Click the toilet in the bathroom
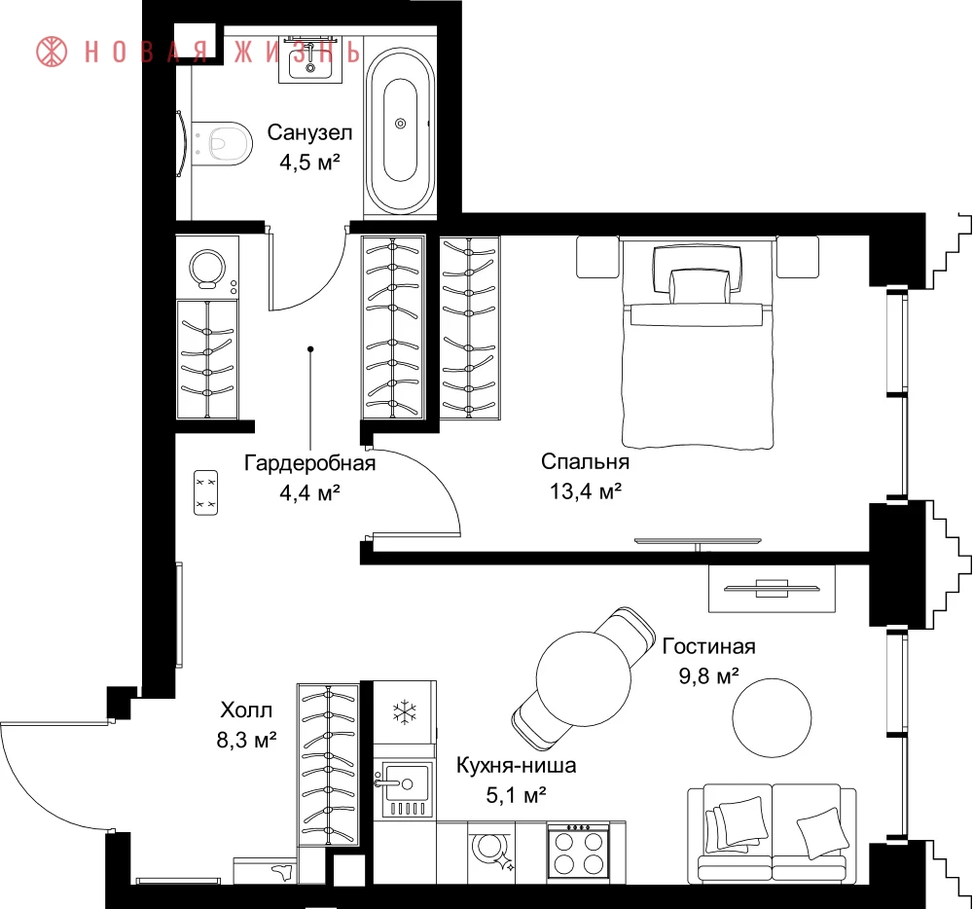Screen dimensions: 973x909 click(x=222, y=143)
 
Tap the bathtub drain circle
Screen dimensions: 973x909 click(x=400, y=124)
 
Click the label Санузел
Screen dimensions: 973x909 click(x=309, y=132)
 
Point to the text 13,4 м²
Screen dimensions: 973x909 click(x=585, y=491)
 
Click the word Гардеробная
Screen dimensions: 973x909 click(x=309, y=463)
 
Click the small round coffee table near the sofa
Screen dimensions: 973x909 click(x=772, y=717)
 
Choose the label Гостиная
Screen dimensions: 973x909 click(x=708, y=646)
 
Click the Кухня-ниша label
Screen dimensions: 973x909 click(x=516, y=765)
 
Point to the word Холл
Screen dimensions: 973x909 click(x=246, y=709)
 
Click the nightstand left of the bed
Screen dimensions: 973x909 click(x=598, y=257)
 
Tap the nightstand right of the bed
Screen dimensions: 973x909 click(x=798, y=257)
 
